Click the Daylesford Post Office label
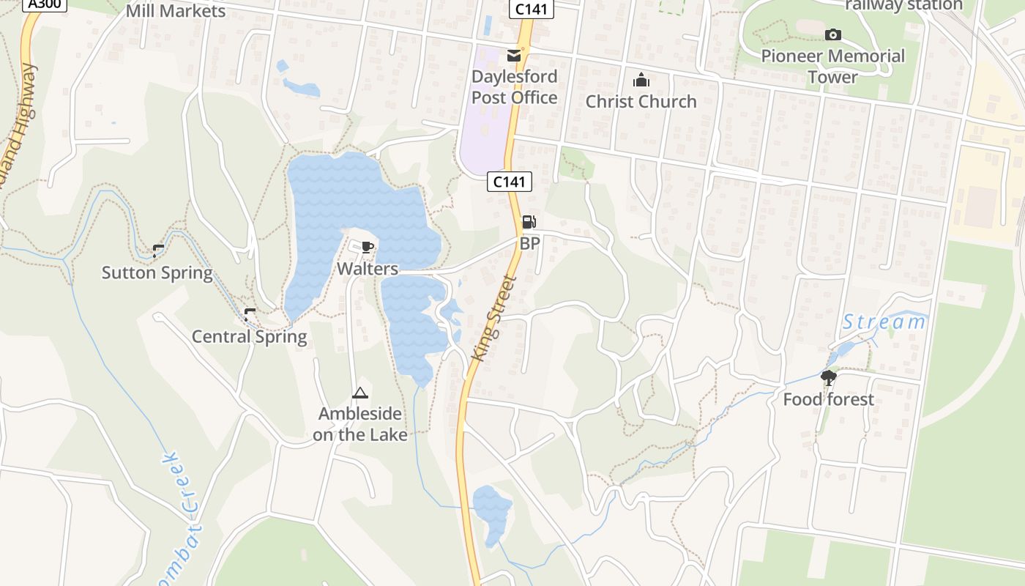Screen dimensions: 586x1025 514,87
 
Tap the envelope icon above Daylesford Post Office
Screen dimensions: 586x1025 514,55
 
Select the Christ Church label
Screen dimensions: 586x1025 641,101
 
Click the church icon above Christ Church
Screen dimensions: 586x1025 641,79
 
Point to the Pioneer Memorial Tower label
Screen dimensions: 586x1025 832,66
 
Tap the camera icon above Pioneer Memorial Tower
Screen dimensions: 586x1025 832,34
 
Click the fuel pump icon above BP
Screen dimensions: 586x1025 529,222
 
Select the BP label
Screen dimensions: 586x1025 529,243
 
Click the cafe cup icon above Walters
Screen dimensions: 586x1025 367,247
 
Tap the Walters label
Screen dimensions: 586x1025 368,269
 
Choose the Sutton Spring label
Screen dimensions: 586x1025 157,273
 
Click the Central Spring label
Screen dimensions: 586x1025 249,337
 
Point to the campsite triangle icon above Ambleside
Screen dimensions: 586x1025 359,393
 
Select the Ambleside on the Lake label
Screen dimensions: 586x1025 360,424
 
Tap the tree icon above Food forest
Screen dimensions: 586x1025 829,378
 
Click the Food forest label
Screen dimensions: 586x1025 829,399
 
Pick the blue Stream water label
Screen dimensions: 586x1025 884,322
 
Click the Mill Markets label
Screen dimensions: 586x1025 176,11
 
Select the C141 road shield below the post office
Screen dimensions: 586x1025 510,182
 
